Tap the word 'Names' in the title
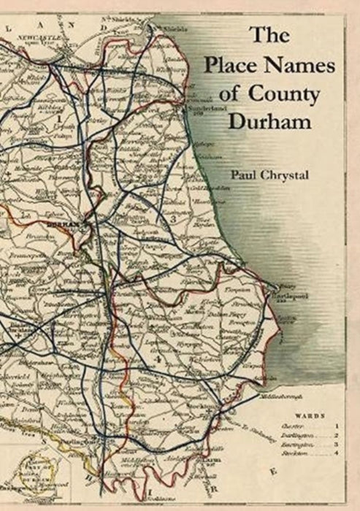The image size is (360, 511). click(303, 68)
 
